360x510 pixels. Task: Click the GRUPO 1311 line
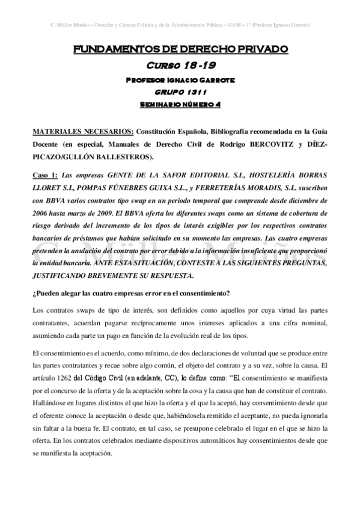point(180,91)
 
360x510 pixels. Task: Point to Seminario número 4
point(180,104)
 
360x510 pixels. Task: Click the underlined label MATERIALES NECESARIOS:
point(83,131)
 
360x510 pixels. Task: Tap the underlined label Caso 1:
point(46,175)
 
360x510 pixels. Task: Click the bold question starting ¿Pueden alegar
point(127,293)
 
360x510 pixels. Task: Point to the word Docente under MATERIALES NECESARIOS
point(47,144)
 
